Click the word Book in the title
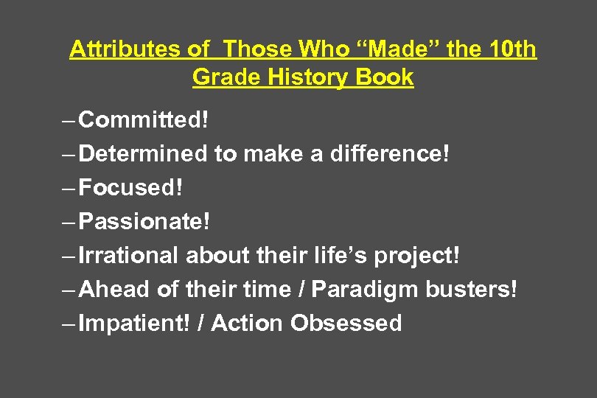[x=385, y=77]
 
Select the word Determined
[x=144, y=153]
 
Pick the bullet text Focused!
[x=130, y=187]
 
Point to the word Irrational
[x=129, y=255]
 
